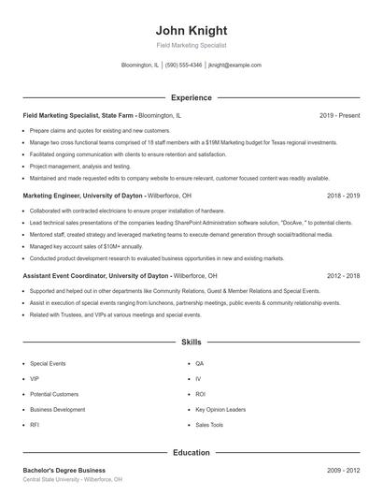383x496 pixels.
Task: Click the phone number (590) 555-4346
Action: coord(184,66)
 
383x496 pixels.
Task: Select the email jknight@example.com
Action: coord(234,66)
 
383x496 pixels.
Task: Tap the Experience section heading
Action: coord(191,97)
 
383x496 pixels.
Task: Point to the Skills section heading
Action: coord(191,343)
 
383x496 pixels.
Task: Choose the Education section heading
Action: coord(191,453)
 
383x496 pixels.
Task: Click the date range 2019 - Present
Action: coord(340,115)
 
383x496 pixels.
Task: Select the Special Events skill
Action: coord(47,362)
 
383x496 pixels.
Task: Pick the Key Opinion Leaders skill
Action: coord(220,409)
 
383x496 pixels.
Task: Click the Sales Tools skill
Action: coord(209,425)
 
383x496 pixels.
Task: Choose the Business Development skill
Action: coord(57,409)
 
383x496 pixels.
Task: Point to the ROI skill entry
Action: coord(200,394)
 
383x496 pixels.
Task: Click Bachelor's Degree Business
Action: coord(64,470)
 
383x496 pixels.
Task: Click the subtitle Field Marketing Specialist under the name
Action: coord(191,45)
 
